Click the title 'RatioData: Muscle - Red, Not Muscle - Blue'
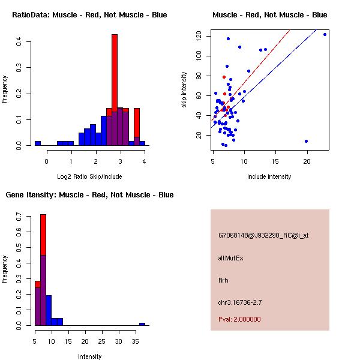(89, 14)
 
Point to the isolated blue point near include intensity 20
(306, 141)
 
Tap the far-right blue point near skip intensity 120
(325, 34)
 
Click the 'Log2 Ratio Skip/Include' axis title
(89, 176)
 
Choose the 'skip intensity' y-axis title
(185, 90)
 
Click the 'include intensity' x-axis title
(270, 176)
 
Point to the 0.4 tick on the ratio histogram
(19, 42)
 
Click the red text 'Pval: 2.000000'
(239, 319)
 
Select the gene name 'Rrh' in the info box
(223, 280)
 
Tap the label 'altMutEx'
(231, 258)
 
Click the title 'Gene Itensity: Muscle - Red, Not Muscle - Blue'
(89, 194)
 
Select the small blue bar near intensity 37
(142, 324)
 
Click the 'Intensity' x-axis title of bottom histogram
(89, 356)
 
